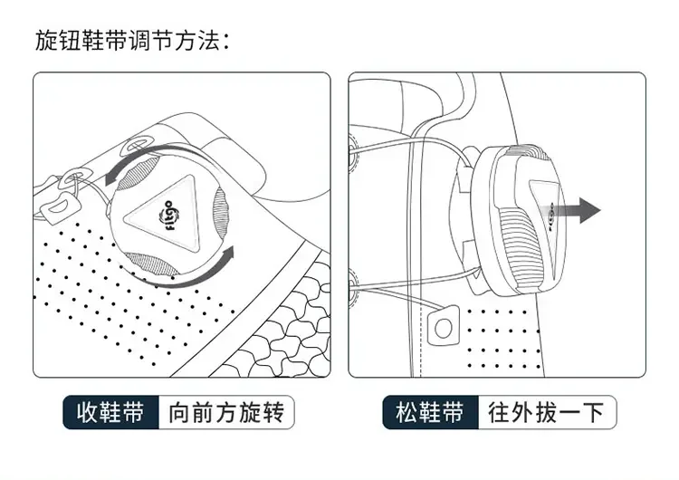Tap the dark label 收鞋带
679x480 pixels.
(x=110, y=413)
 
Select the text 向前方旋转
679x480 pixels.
(x=226, y=413)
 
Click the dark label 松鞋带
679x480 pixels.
(x=430, y=413)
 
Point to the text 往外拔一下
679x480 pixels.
(x=546, y=413)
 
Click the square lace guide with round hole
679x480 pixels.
(x=445, y=326)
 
